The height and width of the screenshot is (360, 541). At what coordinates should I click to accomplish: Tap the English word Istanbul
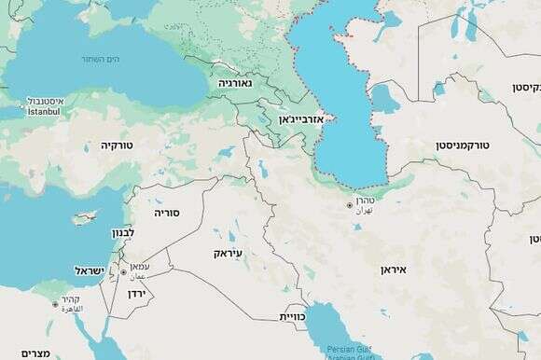click(35, 112)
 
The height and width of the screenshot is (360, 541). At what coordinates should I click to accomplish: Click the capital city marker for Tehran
click(350, 205)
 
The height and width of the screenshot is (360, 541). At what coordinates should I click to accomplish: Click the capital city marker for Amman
click(123, 272)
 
